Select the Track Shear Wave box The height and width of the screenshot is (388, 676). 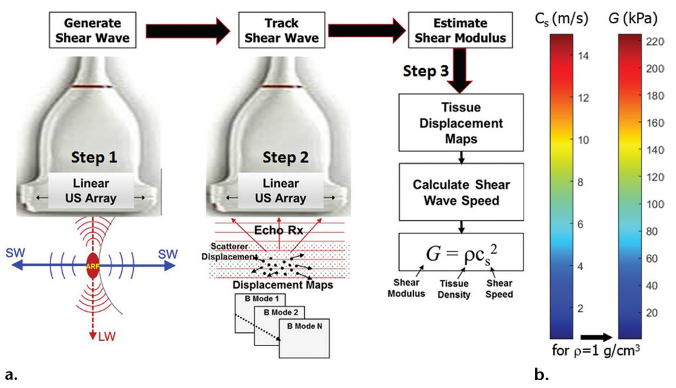[x=281, y=30]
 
